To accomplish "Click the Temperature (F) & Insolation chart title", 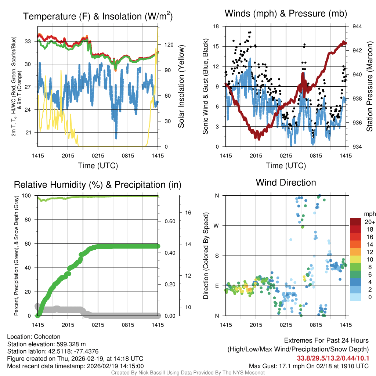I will (98, 16).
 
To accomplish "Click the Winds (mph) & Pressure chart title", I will (286, 14).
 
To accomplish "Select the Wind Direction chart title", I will (286, 182).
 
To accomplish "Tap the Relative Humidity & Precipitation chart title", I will (98, 184).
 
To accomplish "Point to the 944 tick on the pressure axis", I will (357, 26).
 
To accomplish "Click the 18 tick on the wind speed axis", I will (216, 26).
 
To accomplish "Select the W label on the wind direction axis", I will (217, 225).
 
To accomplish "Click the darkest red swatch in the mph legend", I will (356, 222).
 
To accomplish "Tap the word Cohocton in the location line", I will (47, 337).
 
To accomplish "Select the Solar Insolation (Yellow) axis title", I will (181, 86).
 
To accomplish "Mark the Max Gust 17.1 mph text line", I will (309, 366).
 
